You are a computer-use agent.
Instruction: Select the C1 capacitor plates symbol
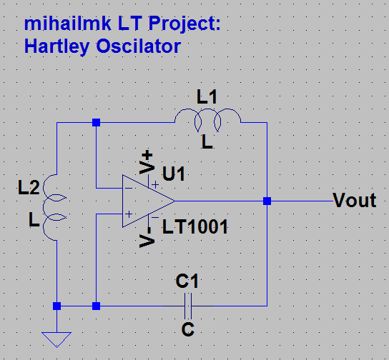point(187,306)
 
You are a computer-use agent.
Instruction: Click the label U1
point(176,174)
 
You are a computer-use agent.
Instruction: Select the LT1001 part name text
point(195,228)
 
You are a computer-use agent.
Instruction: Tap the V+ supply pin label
point(147,162)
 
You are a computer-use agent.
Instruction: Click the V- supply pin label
point(147,236)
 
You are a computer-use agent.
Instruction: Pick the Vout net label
point(354,201)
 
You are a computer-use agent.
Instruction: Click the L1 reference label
point(207,96)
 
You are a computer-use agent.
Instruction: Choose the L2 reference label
point(29,189)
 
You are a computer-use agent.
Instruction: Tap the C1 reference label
point(187,281)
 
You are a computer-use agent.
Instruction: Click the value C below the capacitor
point(187,330)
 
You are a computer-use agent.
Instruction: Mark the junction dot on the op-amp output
point(267,201)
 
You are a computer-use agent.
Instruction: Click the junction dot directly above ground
point(56,306)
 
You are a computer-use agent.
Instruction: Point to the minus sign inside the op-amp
point(128,189)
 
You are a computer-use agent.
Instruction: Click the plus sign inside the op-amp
point(128,214)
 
